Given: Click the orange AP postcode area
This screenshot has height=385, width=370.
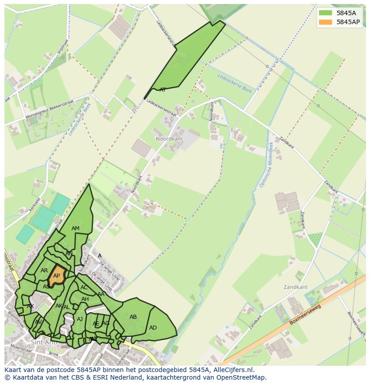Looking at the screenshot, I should [x=56, y=275].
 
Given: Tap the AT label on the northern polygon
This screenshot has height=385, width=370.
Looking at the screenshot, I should [x=163, y=90].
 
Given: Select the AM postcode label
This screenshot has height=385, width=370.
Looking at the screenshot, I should [x=76, y=228].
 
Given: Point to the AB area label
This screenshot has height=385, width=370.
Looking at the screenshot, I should [x=133, y=317].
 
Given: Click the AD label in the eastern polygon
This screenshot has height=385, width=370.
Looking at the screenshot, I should [x=153, y=328].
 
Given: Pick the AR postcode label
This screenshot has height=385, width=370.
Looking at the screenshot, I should [x=44, y=271].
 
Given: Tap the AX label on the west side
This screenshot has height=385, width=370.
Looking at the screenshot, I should [x=30, y=306].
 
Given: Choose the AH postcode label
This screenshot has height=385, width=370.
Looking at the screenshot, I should [x=85, y=299].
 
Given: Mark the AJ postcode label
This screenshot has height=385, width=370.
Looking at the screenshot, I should [x=80, y=319].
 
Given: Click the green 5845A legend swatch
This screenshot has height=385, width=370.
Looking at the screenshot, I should [x=325, y=13].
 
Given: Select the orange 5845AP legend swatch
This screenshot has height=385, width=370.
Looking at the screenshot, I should [x=325, y=22].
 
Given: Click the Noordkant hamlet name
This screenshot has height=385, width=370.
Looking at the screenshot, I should [x=169, y=139].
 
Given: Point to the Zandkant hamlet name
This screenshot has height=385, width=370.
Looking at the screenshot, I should [x=295, y=287].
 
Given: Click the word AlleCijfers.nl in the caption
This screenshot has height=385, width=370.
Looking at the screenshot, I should [x=232, y=370].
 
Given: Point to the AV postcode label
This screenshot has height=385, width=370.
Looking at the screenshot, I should [x=38, y=322].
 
